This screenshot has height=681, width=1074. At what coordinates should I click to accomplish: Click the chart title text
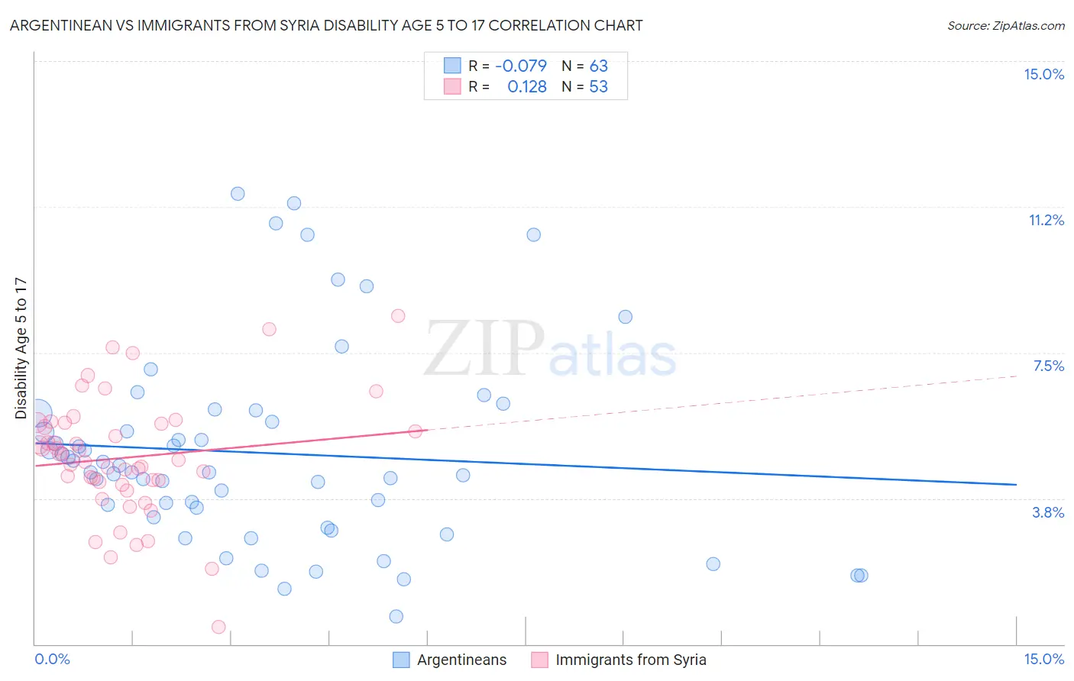tap(326, 25)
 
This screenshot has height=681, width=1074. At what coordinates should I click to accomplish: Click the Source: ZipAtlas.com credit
tap(1005, 25)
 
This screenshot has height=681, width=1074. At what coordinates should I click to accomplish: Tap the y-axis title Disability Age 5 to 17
tap(21, 348)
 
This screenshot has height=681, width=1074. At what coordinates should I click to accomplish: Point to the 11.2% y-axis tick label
tap(1046, 220)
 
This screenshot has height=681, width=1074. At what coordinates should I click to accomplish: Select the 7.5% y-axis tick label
tap(1048, 366)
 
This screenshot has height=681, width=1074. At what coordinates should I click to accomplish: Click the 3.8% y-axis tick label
tap(1048, 512)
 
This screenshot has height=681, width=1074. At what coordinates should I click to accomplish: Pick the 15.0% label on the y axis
tap(1043, 74)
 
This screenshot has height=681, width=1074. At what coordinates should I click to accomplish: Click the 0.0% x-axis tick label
tap(52, 659)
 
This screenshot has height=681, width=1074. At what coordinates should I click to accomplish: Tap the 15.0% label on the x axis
tap(1043, 659)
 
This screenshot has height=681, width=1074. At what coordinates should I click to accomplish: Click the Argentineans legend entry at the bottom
tap(461, 660)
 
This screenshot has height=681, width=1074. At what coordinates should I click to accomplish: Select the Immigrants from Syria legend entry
tap(630, 660)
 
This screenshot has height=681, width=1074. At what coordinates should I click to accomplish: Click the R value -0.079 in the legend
tap(521, 66)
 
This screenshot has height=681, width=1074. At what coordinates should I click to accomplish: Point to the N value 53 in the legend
tap(598, 86)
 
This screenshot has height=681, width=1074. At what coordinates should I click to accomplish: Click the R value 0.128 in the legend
tap(527, 86)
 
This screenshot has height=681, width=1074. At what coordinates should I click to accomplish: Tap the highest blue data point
tap(238, 194)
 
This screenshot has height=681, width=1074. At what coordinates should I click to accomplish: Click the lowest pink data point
tap(218, 627)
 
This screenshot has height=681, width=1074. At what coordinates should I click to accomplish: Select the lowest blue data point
tap(396, 616)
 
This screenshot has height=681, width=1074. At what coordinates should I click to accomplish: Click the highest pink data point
tap(398, 315)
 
